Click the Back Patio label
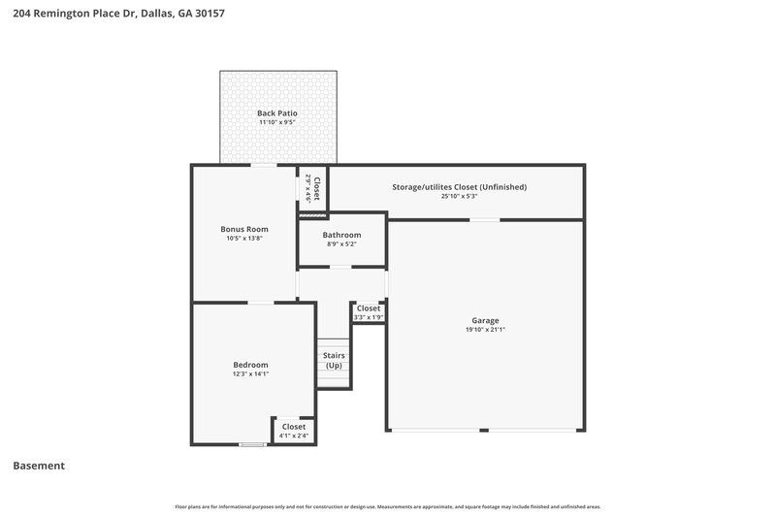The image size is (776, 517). pyautogui.click(x=277, y=113)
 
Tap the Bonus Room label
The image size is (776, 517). pyautogui.click(x=244, y=229)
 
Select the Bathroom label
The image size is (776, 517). pyautogui.click(x=342, y=235)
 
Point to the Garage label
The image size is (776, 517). pyautogui.click(x=485, y=320)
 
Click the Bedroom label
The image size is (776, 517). pyautogui.click(x=250, y=364)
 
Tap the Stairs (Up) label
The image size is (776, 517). pyautogui.click(x=334, y=360)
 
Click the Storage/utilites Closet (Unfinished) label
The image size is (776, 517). pyautogui.click(x=459, y=186)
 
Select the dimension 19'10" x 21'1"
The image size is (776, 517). pyautogui.click(x=485, y=331)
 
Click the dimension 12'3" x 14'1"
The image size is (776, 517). pyautogui.click(x=250, y=373)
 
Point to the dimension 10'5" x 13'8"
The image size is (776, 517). pyautogui.click(x=244, y=239)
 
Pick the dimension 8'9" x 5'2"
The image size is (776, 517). pyautogui.click(x=342, y=244)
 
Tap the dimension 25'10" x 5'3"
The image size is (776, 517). pyautogui.click(x=459, y=196)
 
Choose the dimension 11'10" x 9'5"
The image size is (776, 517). pyautogui.click(x=277, y=123)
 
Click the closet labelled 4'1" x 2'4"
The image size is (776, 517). pyautogui.click(x=293, y=431)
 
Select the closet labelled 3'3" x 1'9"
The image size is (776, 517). pyautogui.click(x=369, y=312)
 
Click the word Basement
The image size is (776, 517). pyautogui.click(x=39, y=466)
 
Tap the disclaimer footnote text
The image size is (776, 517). pyautogui.click(x=388, y=506)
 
